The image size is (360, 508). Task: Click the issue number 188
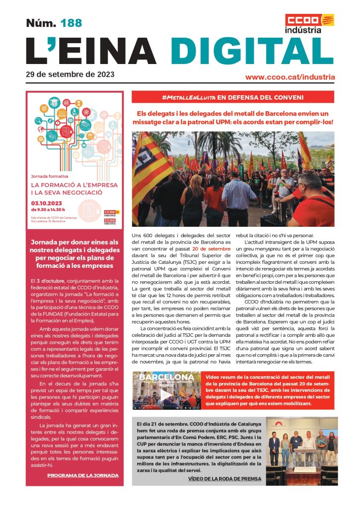[71, 23]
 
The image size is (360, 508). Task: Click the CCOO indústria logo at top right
[309, 23]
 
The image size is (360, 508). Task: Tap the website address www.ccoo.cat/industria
[290, 77]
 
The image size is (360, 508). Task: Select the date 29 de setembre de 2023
[70, 75]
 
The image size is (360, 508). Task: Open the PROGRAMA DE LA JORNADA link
[83, 475]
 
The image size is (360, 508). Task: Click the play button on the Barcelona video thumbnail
[166, 396]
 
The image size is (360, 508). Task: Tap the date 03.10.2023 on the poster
[48, 203]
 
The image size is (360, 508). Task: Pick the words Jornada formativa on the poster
[50, 176]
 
